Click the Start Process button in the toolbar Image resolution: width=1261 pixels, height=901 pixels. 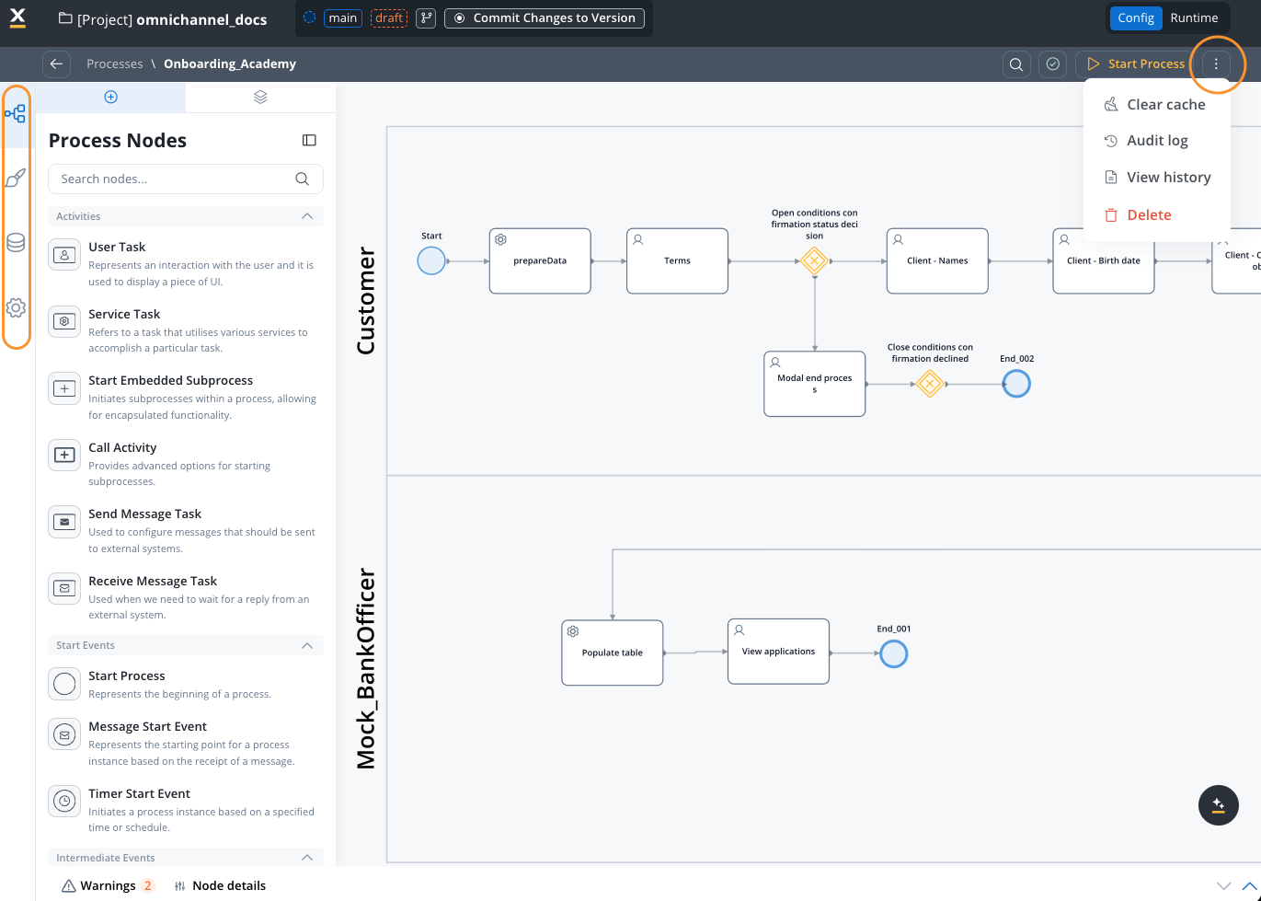coord(1136,64)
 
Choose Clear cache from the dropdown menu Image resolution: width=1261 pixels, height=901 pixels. coord(1165,105)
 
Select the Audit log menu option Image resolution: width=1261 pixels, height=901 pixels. coord(1157,141)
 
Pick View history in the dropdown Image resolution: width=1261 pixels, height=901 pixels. coord(1168,178)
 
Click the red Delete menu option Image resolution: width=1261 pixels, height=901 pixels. coord(1149,215)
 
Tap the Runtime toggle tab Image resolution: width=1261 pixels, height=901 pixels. coord(1194,18)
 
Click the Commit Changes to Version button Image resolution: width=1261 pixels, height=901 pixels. coord(545,18)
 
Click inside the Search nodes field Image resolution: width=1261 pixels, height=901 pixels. coord(175,179)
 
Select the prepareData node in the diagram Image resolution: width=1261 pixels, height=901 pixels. coord(540,261)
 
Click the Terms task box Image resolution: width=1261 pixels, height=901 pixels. coord(677,261)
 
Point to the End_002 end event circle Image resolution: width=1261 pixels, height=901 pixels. coord(1016,384)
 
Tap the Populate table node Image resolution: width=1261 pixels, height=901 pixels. coord(613,653)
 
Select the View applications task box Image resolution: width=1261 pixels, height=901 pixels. coord(778,652)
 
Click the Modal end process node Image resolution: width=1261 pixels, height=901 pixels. coord(814,384)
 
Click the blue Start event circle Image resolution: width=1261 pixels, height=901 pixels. coord(431,261)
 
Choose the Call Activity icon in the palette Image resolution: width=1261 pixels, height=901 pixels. coord(64,456)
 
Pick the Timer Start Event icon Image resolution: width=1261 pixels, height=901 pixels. coord(64,802)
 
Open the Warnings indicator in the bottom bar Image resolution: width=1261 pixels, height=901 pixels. coord(107,886)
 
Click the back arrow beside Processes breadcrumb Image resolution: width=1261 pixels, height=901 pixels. coord(56,64)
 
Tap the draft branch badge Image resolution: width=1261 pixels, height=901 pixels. coord(389,18)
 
